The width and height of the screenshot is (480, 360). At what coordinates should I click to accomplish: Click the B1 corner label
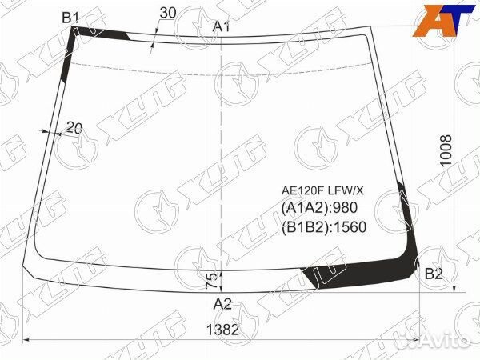tap(70, 18)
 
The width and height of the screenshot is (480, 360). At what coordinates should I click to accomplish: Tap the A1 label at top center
tap(222, 27)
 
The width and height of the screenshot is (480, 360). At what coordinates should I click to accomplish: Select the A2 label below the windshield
tap(222, 304)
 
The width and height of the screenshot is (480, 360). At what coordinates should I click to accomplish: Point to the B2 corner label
tap(434, 274)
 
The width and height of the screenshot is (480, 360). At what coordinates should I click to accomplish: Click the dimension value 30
tap(168, 13)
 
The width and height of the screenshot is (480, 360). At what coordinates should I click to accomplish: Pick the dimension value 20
tap(74, 128)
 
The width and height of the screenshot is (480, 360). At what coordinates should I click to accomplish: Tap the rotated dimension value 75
tap(210, 281)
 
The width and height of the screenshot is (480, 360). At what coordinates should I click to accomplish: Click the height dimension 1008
tap(446, 150)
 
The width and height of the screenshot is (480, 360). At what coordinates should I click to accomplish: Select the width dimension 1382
tap(222, 330)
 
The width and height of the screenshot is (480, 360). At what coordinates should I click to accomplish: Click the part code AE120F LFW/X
tap(322, 190)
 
